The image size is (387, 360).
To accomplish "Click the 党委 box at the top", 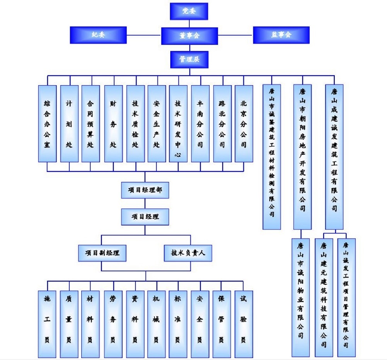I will pyautogui.click(x=189, y=11).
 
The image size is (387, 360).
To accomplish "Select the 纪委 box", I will pyautogui.click(x=98, y=35).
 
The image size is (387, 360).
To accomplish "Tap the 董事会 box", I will pyautogui.click(x=189, y=35).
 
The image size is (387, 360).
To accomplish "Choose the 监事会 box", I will pyautogui.click(x=281, y=35).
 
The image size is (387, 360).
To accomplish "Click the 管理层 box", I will pyautogui.click(x=189, y=59).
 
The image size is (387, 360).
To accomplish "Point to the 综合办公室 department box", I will pyautogui.click(x=47, y=123).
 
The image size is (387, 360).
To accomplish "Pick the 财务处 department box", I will pyautogui.click(x=113, y=123).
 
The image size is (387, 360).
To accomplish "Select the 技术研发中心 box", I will pyautogui.click(x=178, y=123).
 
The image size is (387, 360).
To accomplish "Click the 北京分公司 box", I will pyautogui.click(x=243, y=123).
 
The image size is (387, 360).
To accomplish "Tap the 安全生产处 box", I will pyautogui.click(x=156, y=123).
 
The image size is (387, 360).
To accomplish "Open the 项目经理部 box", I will pyautogui.click(x=145, y=190).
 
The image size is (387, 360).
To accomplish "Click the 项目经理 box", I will pyautogui.click(x=145, y=217).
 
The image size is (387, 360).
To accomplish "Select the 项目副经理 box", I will pyautogui.click(x=102, y=253).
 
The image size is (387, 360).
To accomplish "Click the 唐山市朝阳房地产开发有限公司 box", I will pyautogui.click(x=302, y=157).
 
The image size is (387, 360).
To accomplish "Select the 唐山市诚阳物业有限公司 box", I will pyautogui.click(x=301, y=297).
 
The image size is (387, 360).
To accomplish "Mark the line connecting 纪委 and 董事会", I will pyautogui.click(x=144, y=35).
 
